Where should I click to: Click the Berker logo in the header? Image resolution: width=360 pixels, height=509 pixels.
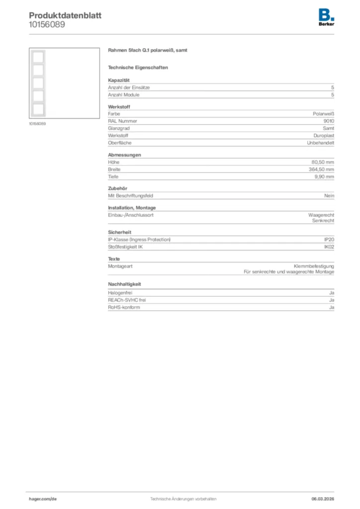[x=326, y=17]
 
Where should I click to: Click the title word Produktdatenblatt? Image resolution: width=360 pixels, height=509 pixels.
[x=65, y=15]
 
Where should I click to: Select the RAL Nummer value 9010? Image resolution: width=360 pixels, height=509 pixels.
[x=329, y=121]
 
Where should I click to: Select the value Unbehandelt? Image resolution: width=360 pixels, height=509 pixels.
[x=321, y=143]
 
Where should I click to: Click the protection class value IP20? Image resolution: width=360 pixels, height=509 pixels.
[x=329, y=240]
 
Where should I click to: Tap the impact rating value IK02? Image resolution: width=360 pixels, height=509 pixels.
[x=329, y=247]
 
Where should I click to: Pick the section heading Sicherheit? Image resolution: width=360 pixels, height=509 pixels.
[x=119, y=232]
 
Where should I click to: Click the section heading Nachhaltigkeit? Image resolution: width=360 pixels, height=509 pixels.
[x=124, y=284]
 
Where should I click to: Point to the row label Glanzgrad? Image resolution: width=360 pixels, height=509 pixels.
[x=118, y=128]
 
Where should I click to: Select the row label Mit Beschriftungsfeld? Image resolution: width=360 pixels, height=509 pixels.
[x=130, y=196]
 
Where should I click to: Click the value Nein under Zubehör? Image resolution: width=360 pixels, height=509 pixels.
[x=329, y=196]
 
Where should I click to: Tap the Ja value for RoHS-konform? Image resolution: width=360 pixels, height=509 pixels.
[x=331, y=308]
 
